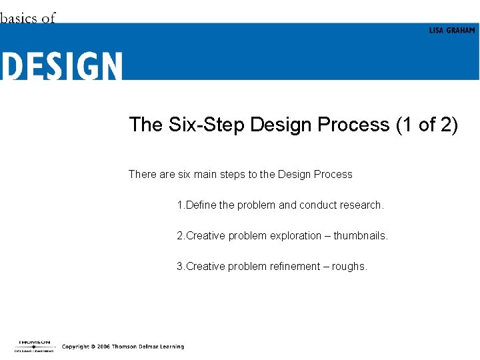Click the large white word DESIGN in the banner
(61, 67)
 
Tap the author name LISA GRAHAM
(452, 31)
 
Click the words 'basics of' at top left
(28, 18)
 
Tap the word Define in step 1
(201, 205)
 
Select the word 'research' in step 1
(360, 205)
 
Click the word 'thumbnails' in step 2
(360, 236)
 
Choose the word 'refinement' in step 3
(295, 267)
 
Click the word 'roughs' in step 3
(349, 267)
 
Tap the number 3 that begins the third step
(179, 267)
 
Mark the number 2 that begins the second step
(179, 236)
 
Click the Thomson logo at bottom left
(34, 346)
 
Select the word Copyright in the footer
(75, 347)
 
